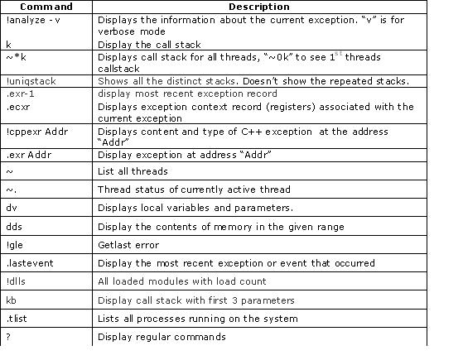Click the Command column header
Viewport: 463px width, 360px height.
pos(46,6)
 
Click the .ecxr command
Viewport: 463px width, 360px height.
pos(17,107)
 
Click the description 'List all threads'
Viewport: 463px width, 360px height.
pos(133,171)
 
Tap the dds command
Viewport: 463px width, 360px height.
pos(13,226)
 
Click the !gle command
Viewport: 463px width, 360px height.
pos(13,245)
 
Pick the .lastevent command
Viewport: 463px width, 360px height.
pos(24,263)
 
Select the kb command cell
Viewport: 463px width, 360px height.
pos(11,300)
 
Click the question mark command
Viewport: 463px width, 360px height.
pos(8,337)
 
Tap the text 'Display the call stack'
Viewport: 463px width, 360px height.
pos(149,44)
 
